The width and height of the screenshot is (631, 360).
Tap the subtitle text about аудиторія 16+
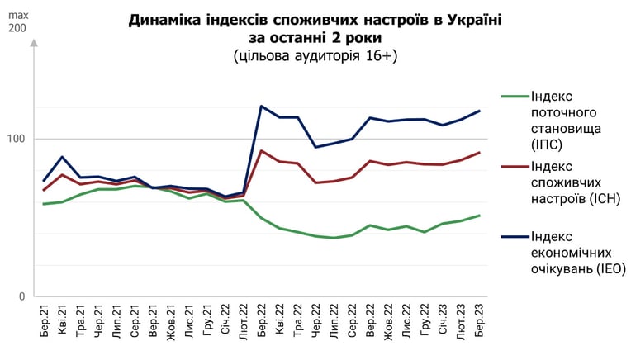click(315, 55)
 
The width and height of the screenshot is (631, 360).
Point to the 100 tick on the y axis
click(17, 140)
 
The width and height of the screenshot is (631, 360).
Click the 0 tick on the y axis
click(21, 296)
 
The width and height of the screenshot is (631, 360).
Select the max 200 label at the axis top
click(18, 22)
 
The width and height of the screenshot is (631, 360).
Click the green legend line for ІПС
click(515, 96)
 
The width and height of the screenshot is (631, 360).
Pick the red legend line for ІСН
click(515, 166)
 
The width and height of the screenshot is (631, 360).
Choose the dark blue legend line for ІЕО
click(515, 236)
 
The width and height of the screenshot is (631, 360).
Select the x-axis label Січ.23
click(443, 319)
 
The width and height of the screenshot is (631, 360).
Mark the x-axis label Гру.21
click(207, 320)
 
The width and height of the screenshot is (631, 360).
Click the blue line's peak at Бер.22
click(261, 107)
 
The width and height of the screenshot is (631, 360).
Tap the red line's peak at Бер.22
click(261, 151)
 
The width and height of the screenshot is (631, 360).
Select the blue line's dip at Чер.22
click(315, 147)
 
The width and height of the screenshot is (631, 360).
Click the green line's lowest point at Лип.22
click(334, 238)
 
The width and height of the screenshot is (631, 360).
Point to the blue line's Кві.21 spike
click(62, 157)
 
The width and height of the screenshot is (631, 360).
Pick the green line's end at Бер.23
click(479, 216)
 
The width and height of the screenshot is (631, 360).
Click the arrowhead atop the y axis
click(34, 43)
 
